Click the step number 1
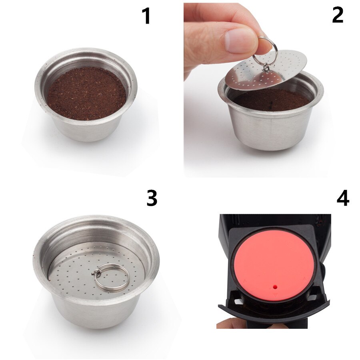[x=146, y=16]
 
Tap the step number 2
[x=337, y=15]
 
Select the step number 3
[x=152, y=198]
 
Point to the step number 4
[x=342, y=198]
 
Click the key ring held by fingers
[x=267, y=50]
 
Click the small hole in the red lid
[x=275, y=287]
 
